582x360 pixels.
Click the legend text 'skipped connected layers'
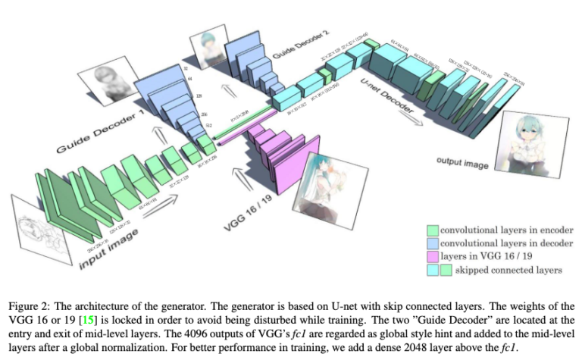pos(515,270)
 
